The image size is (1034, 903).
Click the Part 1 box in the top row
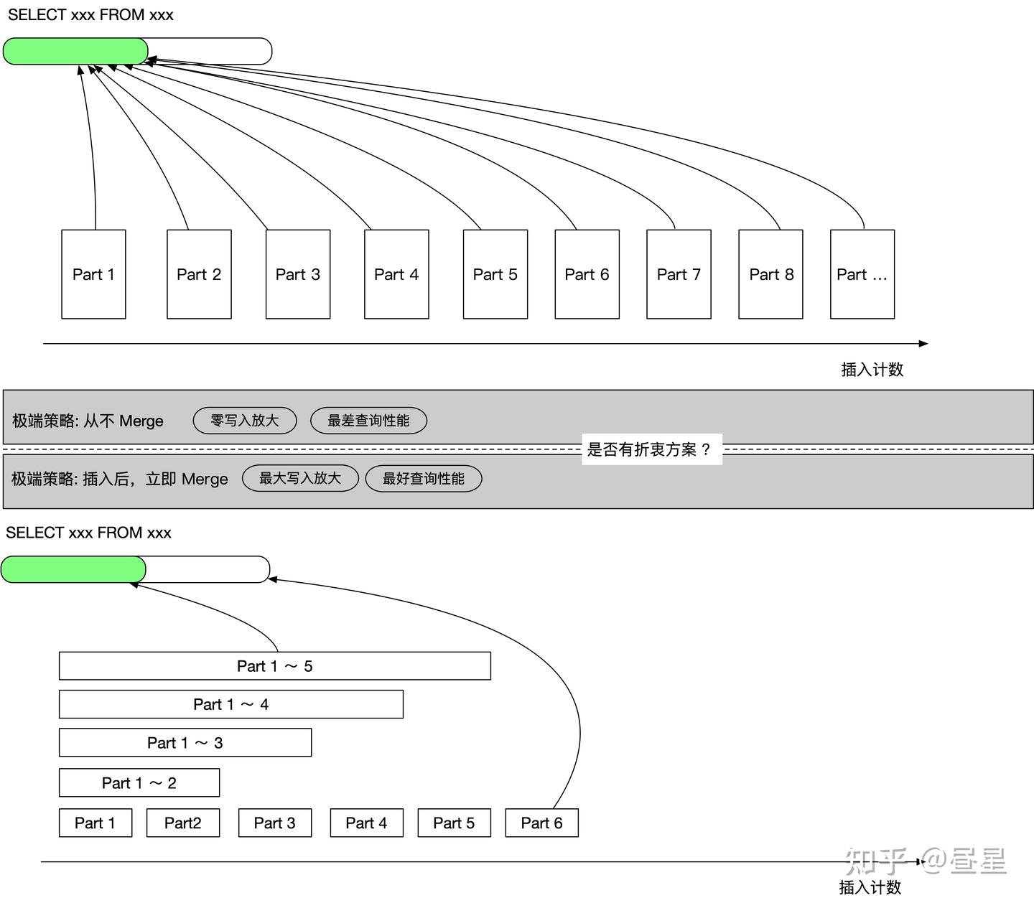click(93, 274)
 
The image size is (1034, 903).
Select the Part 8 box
click(770, 274)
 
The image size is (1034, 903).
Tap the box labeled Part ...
click(862, 274)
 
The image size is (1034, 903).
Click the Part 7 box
click(679, 274)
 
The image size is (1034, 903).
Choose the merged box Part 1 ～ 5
click(274, 666)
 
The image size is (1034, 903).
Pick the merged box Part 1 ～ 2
click(139, 783)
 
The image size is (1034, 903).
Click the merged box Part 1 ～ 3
click(185, 743)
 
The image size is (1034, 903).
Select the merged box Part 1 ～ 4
click(230, 704)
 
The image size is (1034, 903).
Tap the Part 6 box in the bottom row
click(541, 823)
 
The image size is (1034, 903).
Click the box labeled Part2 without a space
click(182, 823)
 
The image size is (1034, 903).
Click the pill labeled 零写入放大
click(244, 421)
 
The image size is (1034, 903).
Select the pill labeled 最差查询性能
click(368, 421)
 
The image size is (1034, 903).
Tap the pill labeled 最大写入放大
click(299, 478)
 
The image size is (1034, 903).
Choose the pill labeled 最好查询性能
click(423, 479)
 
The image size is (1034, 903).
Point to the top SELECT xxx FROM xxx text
click(90, 15)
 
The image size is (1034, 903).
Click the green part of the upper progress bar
click(75, 52)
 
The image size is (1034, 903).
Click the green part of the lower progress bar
click(73, 569)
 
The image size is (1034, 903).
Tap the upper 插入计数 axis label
click(872, 370)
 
